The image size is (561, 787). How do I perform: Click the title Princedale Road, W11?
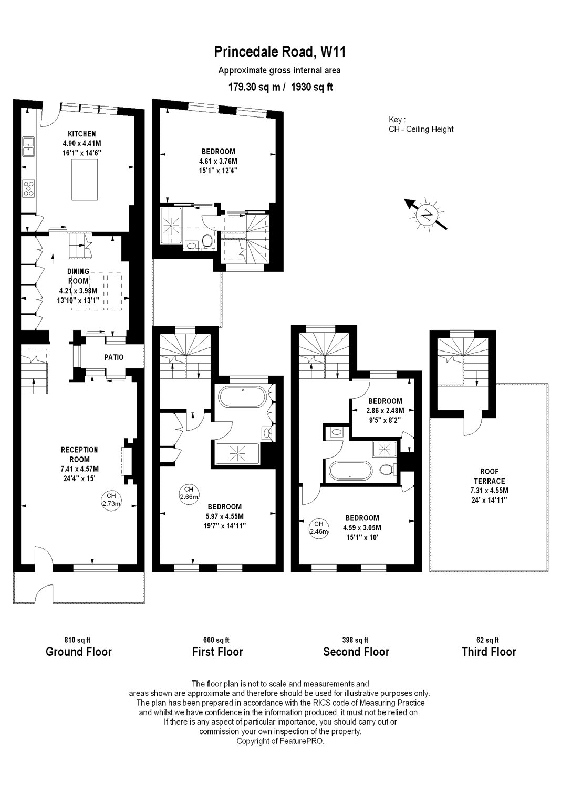(280, 52)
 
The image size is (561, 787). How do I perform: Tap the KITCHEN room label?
(81, 134)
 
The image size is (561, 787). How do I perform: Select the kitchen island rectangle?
(85, 179)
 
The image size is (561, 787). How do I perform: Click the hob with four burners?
(28, 188)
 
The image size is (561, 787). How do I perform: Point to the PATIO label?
(113, 357)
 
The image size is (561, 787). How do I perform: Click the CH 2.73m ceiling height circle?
(111, 499)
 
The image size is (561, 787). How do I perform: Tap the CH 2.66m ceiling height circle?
(189, 493)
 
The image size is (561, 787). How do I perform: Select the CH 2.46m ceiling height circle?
(319, 529)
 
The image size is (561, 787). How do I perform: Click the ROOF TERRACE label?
(489, 476)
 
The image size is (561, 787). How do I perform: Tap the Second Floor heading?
(356, 652)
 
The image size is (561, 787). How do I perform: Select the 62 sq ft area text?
(487, 640)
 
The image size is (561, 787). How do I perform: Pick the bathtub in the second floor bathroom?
(350, 471)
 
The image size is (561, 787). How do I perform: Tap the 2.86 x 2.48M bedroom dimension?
(385, 410)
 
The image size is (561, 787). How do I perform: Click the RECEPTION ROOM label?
(79, 455)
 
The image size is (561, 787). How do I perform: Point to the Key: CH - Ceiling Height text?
(421, 124)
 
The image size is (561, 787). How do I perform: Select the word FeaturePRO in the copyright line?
(301, 741)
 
